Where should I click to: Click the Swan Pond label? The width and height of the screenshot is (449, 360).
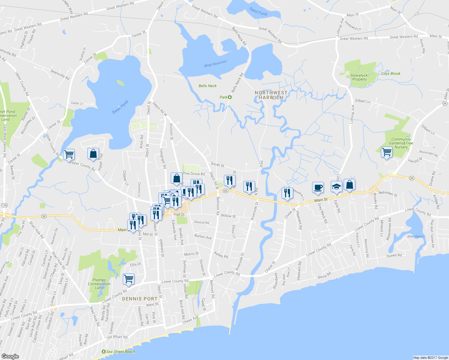(x=120, y=107)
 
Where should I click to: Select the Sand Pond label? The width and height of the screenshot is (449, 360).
(x=258, y=11)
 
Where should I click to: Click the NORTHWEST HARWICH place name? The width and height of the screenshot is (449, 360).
(x=271, y=95)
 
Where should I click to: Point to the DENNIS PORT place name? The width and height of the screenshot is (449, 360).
(x=140, y=299)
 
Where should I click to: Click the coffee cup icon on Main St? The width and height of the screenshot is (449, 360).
(x=318, y=187)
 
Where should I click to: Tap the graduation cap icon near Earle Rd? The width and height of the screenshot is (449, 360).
(x=336, y=187)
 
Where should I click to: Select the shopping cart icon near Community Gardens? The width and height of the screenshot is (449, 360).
(x=387, y=152)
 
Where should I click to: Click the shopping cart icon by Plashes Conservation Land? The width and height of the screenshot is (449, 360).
(x=129, y=279)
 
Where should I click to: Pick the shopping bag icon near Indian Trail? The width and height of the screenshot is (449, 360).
(x=93, y=153)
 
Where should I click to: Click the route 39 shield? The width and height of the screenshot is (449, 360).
(x=445, y=103)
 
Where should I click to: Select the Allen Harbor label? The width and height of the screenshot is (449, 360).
(x=415, y=236)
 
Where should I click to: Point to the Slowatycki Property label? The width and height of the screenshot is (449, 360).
(x=359, y=77)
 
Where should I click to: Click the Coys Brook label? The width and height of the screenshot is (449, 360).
(x=390, y=73)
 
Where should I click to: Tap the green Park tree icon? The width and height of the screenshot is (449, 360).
(x=230, y=97)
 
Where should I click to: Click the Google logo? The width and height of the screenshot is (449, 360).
(x=10, y=356)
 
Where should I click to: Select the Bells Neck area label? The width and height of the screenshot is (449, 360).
(x=207, y=86)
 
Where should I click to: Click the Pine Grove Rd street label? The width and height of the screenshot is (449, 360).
(x=194, y=174)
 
